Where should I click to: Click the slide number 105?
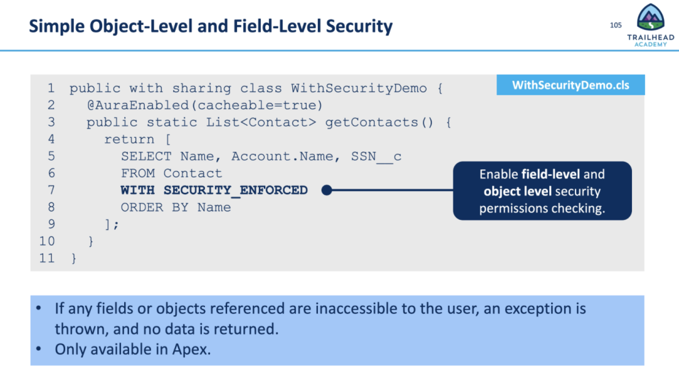tap(616, 25)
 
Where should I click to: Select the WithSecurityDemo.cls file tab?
tap(571, 85)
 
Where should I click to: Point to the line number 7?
tap(51, 190)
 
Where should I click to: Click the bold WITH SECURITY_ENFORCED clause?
tap(214, 190)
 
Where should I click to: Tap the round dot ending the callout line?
tap(326, 190)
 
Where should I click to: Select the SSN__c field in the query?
tap(376, 156)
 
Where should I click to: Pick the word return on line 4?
tap(129, 139)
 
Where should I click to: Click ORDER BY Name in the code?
tap(176, 207)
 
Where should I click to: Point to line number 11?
tap(47, 258)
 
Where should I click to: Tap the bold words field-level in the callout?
tap(550, 174)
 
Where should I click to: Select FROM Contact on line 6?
tap(171, 173)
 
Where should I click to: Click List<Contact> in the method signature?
tap(261, 122)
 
